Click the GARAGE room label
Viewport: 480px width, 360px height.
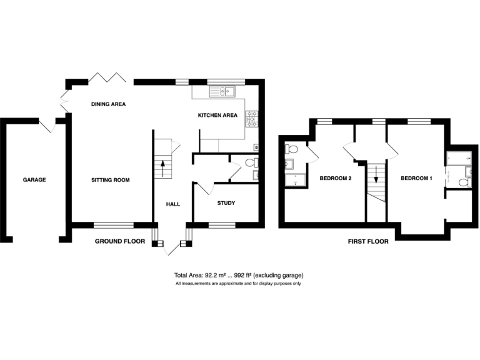tap(34, 180)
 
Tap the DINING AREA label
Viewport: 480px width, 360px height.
tap(109, 104)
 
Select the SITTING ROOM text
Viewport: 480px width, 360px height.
tap(110, 180)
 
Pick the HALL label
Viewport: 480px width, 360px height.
tap(172, 204)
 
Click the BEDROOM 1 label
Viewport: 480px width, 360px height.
tap(416, 179)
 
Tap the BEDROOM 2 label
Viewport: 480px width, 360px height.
tap(336, 179)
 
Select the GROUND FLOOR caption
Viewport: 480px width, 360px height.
tap(120, 241)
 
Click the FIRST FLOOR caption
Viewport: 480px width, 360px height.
tap(367, 241)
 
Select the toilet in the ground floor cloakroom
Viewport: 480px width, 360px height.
tap(251, 162)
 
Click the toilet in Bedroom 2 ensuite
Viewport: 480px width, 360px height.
tap(291, 150)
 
